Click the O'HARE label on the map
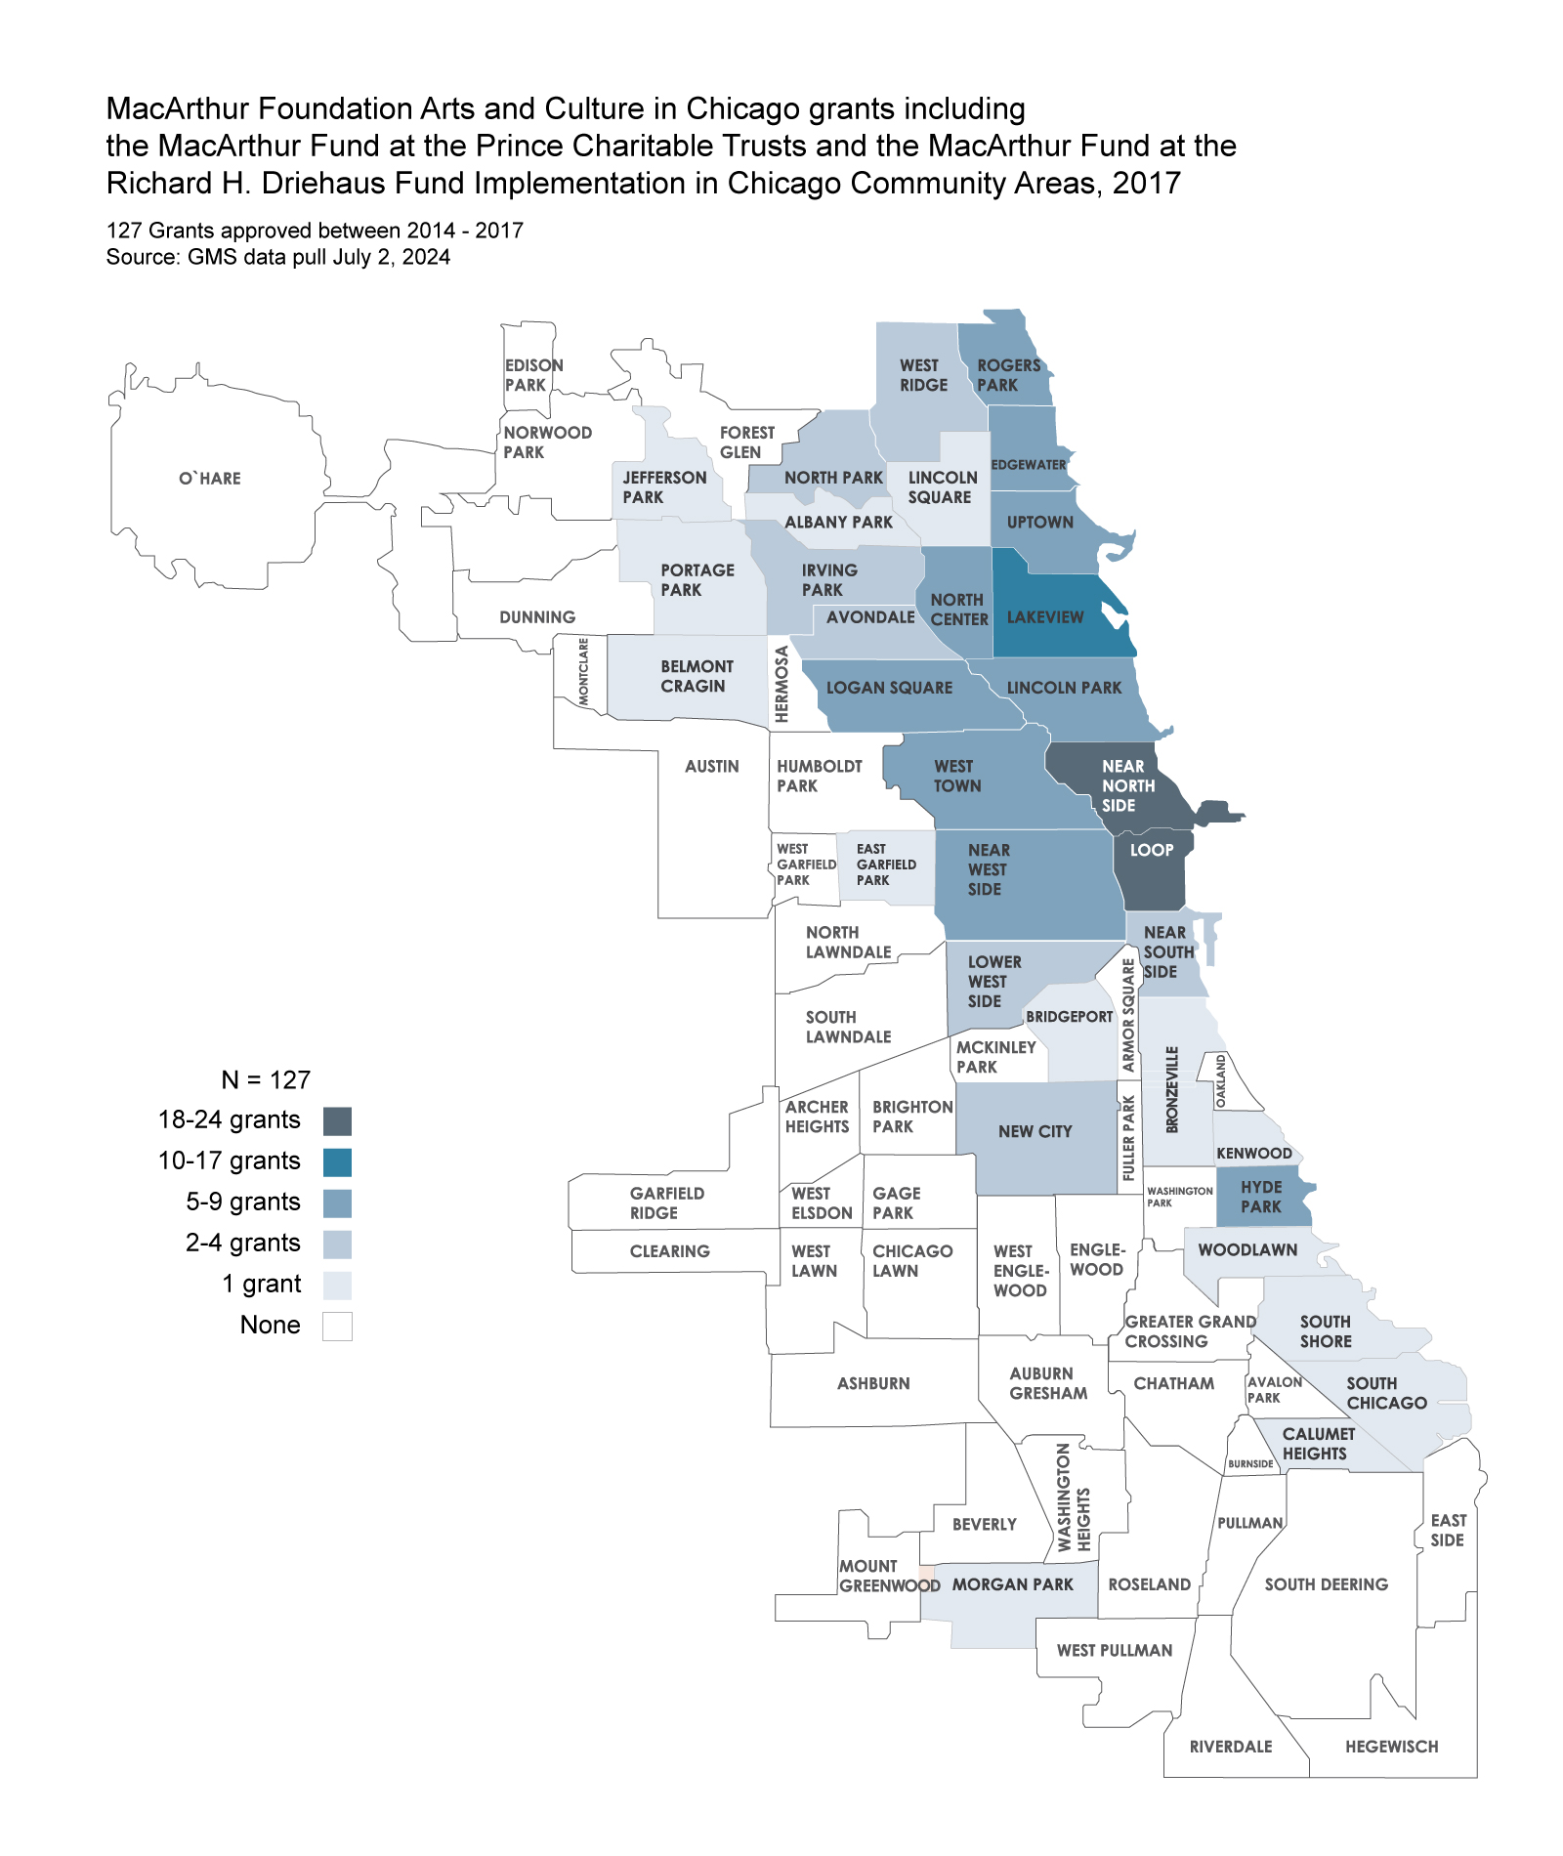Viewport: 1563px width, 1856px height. coord(209,479)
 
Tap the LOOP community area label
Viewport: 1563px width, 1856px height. coord(1152,850)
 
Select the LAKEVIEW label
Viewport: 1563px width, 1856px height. coord(1045,617)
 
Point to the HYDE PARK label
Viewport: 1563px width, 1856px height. coord(1261,1197)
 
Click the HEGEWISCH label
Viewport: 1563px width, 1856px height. coord(1391,1747)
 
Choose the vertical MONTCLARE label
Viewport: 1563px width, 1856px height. coord(584,671)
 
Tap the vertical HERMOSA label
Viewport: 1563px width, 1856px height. coord(781,684)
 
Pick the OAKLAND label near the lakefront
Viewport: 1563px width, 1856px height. coord(1220,1081)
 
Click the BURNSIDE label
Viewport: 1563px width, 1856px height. coord(1250,1463)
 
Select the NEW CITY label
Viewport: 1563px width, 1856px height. coord(1035,1131)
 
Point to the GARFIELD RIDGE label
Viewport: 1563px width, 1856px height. coord(666,1202)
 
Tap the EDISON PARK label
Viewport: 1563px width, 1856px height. coord(533,375)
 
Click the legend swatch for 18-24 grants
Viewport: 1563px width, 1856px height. coord(337,1121)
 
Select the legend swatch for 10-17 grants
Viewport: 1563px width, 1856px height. coord(337,1162)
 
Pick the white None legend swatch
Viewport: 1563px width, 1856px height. coord(337,1327)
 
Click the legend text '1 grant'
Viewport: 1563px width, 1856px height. coord(261,1284)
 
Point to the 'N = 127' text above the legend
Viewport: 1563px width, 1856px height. coord(266,1079)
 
